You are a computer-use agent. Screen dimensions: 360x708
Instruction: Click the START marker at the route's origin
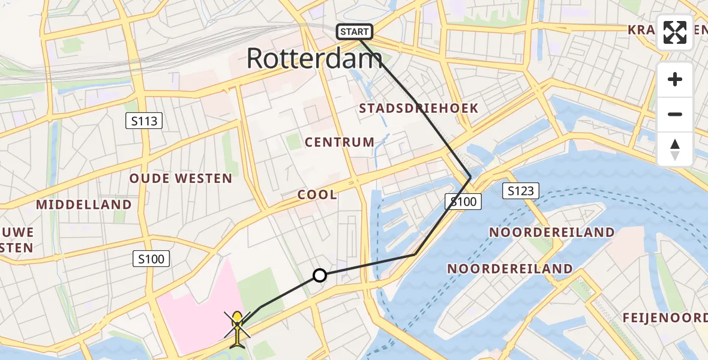pos(355,32)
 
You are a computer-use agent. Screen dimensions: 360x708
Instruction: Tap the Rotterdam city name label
pos(314,59)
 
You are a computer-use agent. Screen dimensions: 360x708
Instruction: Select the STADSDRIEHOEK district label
pos(418,109)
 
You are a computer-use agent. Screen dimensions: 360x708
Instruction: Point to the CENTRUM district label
pos(340,142)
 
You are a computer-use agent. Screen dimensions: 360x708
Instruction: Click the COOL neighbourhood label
pos(317,195)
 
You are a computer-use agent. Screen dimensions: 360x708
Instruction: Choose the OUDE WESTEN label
pos(181,178)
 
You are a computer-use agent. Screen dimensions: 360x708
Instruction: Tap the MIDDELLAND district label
pos(84,205)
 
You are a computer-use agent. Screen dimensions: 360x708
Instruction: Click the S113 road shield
pos(145,121)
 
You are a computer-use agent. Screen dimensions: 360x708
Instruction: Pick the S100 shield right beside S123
pos(463,202)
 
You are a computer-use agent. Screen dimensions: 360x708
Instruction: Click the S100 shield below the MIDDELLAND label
pos(151,259)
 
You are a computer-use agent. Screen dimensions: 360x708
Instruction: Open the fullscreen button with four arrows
pos(675,32)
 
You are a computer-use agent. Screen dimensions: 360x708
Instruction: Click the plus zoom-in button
pos(675,79)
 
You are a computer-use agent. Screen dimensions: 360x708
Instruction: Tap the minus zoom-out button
pos(675,114)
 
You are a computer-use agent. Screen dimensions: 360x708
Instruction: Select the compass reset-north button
pos(675,149)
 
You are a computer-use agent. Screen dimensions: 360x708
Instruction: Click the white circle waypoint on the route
pos(320,275)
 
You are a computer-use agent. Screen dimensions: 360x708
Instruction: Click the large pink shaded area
pos(195,309)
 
